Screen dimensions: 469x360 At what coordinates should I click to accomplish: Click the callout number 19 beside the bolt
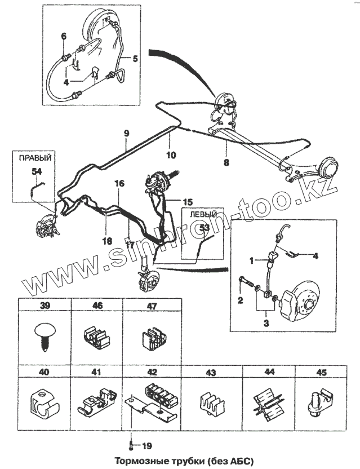[147, 446]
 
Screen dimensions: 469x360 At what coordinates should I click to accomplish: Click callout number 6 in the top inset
[64, 37]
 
